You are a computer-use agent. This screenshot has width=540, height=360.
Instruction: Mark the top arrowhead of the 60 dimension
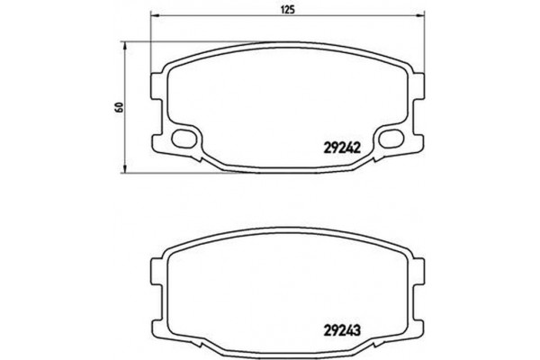click(124, 43)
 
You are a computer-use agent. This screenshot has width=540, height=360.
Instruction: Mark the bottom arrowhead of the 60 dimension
click(124, 167)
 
